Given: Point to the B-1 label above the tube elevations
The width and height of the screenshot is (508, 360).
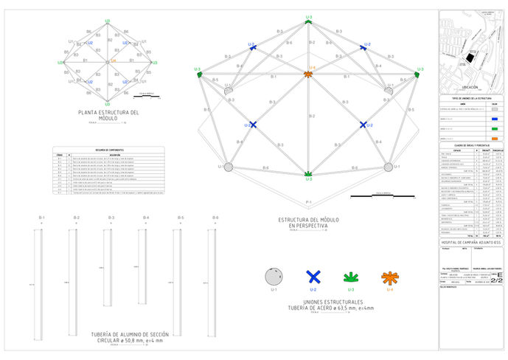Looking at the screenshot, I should [42, 218].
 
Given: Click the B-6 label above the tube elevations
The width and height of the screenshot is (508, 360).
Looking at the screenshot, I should [215, 218].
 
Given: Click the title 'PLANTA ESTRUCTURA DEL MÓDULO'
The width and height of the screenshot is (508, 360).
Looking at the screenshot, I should [108, 115].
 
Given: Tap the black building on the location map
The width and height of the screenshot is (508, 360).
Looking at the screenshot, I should [469, 59].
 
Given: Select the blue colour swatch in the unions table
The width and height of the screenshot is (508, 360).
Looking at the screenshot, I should [493, 117].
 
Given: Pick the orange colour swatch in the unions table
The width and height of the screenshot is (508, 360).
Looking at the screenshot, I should [493, 137].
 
